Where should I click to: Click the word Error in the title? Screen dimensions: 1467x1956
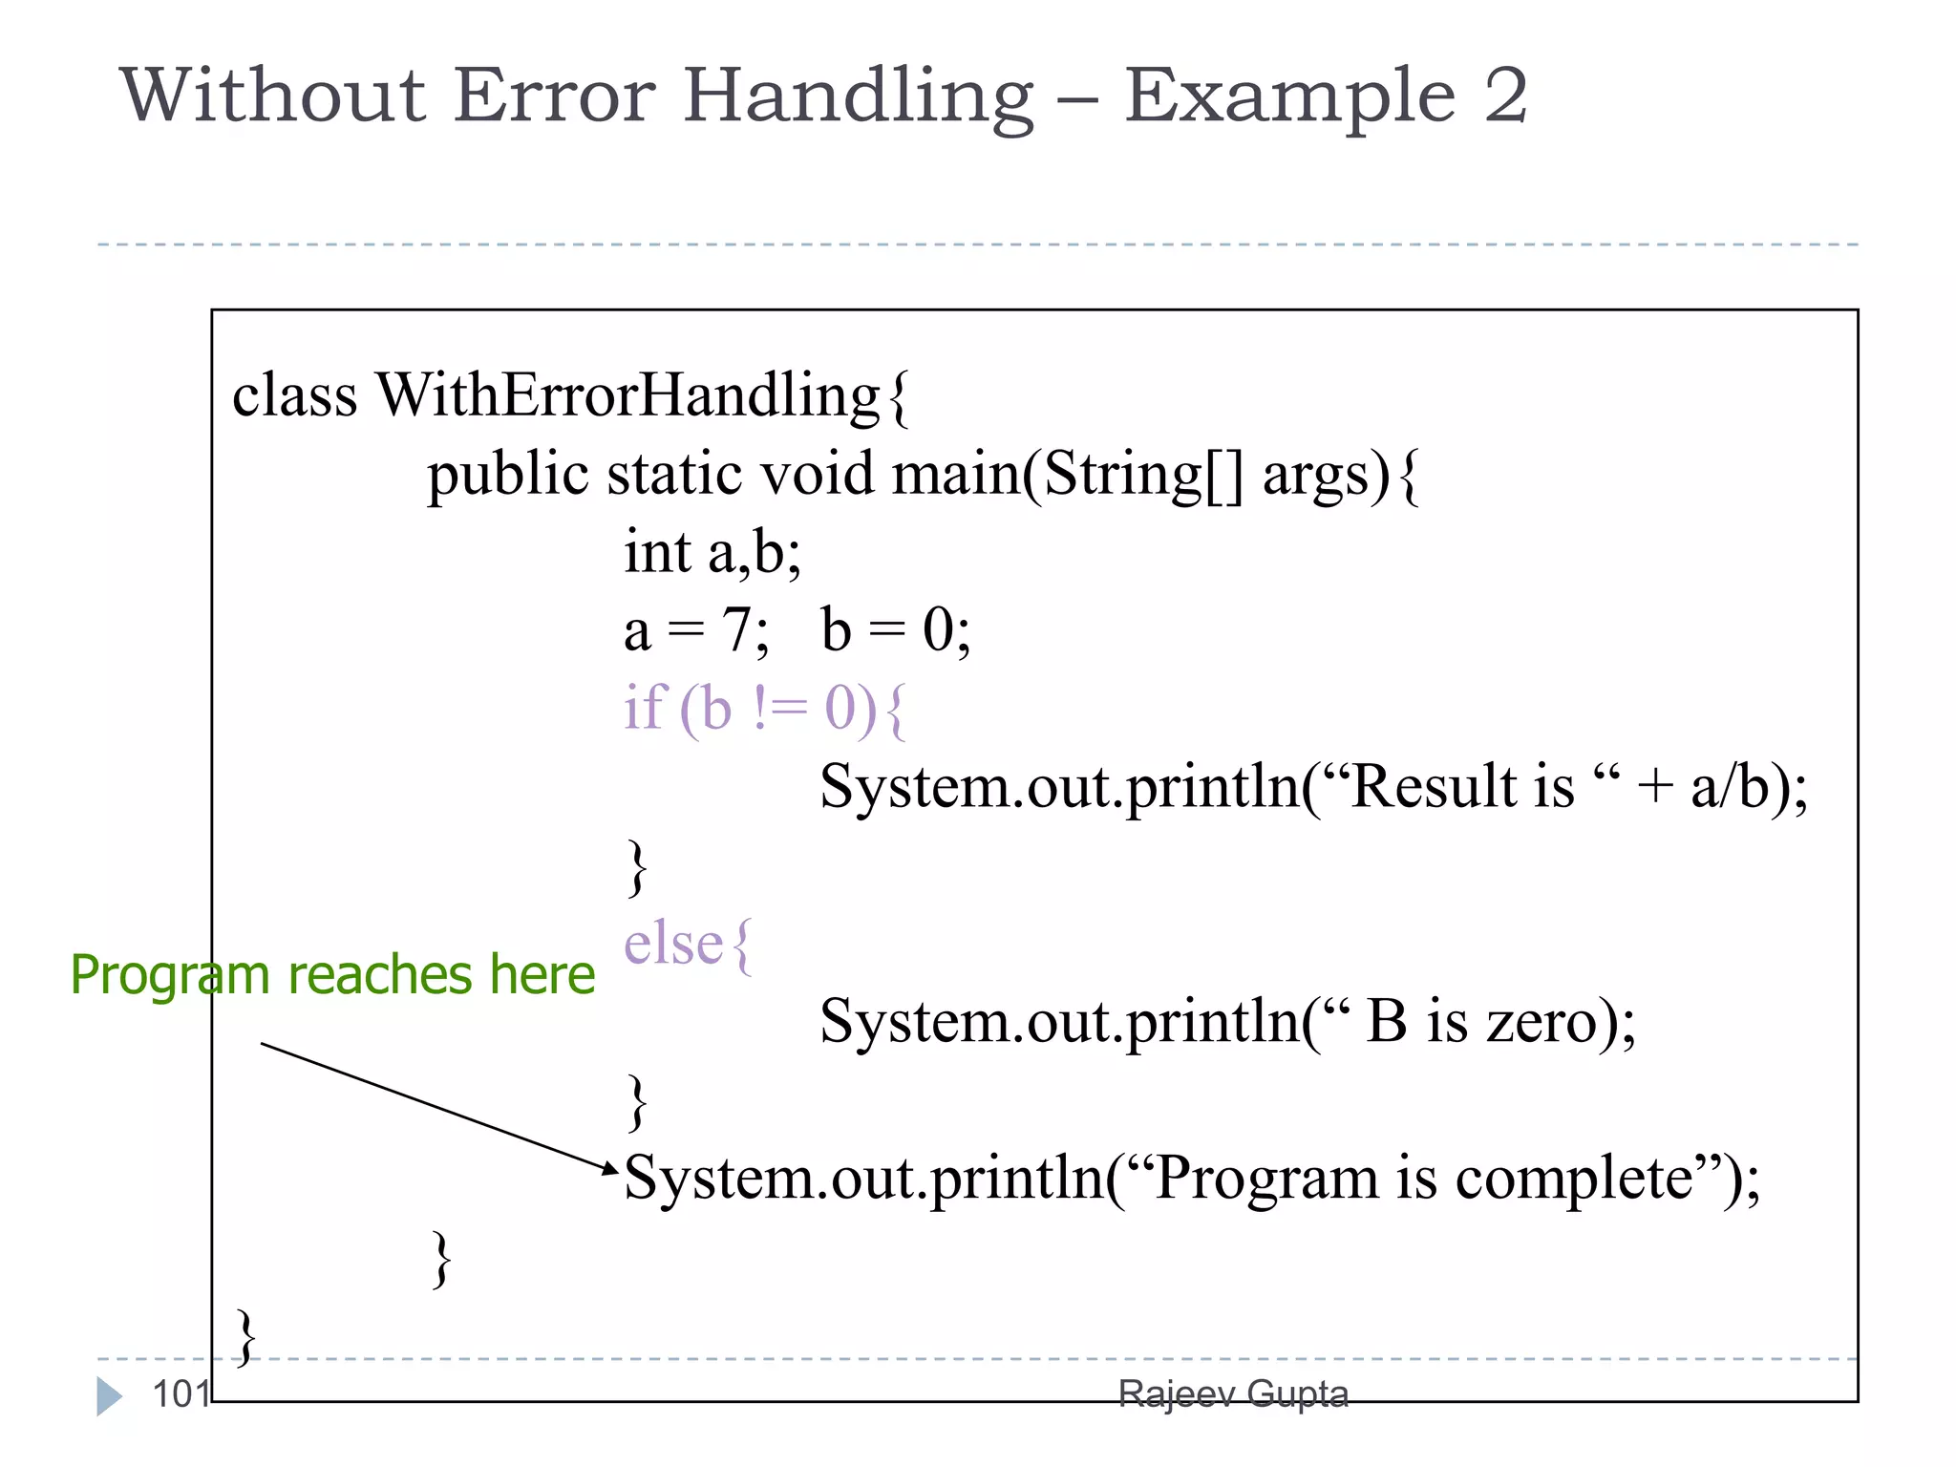[554, 96]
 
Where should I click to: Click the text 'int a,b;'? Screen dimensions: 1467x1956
[712, 552]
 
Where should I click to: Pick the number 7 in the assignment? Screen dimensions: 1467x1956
[736, 630]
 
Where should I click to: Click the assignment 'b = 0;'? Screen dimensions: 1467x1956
[895, 630]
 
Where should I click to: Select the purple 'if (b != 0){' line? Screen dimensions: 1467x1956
[764, 709]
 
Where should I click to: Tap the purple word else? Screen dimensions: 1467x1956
[672, 945]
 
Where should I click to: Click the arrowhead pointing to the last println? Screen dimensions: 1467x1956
[611, 1168]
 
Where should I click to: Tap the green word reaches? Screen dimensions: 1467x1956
[379, 975]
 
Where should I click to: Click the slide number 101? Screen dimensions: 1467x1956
[181, 1394]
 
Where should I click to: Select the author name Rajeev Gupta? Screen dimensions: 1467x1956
[1233, 1394]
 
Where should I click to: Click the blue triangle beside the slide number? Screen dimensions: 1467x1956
[109, 1396]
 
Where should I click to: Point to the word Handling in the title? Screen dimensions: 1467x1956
[858, 97]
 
